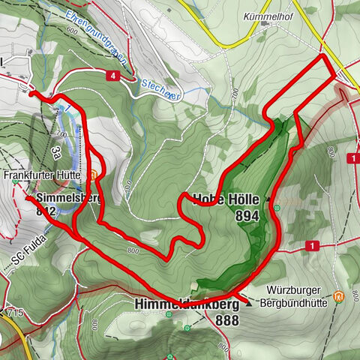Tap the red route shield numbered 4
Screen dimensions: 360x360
(112, 76)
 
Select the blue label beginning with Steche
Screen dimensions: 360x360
(160, 87)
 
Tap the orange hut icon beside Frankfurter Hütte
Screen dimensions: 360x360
(93, 176)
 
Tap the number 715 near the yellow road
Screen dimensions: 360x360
(16, 310)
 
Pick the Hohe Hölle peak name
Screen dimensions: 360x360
(226, 199)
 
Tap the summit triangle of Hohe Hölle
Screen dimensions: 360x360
(268, 200)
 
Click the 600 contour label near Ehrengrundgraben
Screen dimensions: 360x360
(72, 30)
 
